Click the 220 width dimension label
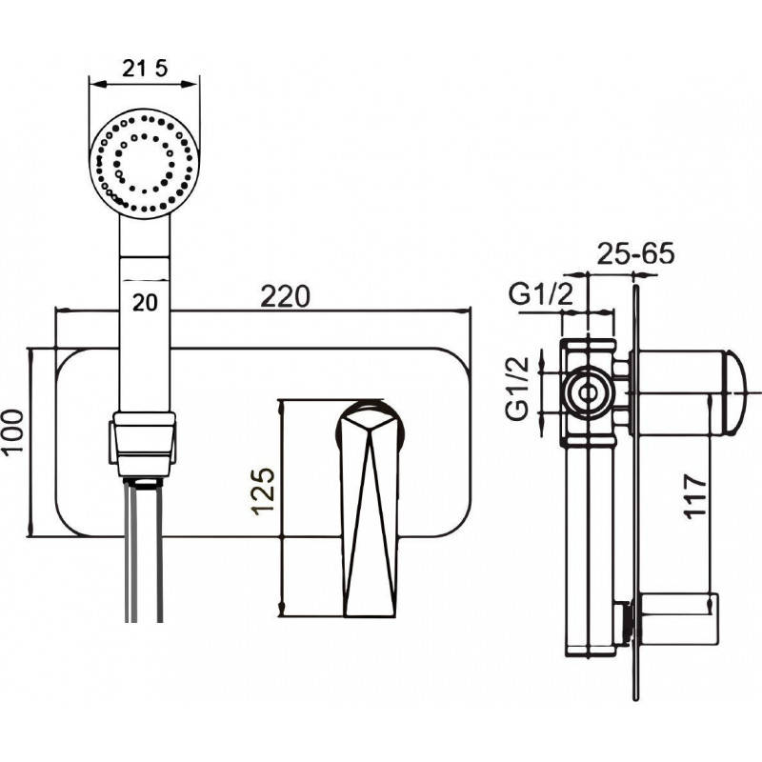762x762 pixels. (x=285, y=296)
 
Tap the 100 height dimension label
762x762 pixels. (x=12, y=431)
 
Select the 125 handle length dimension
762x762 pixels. (x=263, y=491)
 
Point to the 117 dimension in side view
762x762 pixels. (x=694, y=496)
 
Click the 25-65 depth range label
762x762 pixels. (x=635, y=253)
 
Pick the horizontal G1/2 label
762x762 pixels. (x=541, y=294)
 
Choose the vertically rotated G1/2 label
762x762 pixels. (x=517, y=389)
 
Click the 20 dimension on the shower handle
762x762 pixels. (x=146, y=303)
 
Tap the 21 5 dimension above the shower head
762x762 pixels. (x=145, y=68)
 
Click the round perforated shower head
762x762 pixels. (x=145, y=163)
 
